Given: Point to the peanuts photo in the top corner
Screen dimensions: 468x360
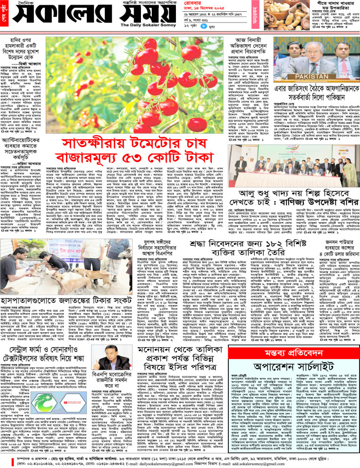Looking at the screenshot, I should click(x=288, y=15).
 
